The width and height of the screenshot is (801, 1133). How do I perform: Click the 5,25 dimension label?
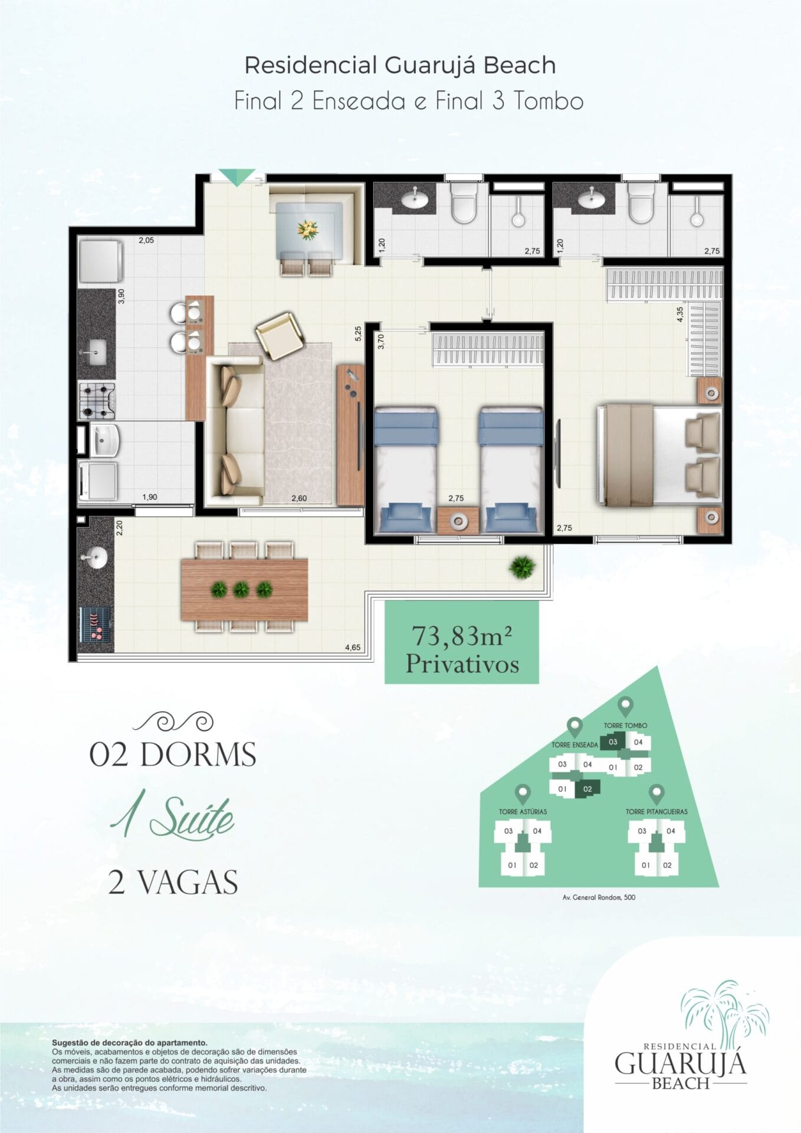[x=358, y=334]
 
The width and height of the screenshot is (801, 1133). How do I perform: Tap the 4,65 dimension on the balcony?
[x=353, y=647]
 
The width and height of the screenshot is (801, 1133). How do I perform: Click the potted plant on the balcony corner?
[x=522, y=567]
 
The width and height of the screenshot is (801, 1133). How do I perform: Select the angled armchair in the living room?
[x=280, y=336]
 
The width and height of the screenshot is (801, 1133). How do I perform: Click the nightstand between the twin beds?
[x=458, y=520]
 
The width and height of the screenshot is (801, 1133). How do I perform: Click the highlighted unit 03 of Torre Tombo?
[x=613, y=742]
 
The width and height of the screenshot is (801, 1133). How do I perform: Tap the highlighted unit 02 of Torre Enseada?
[x=587, y=789]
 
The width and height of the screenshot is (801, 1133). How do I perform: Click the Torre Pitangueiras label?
[x=656, y=811]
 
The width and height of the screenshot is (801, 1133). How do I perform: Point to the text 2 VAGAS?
[x=173, y=882]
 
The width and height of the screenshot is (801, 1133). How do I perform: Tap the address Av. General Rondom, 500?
[x=599, y=898]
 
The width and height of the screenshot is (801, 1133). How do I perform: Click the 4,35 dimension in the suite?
[x=680, y=314]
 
